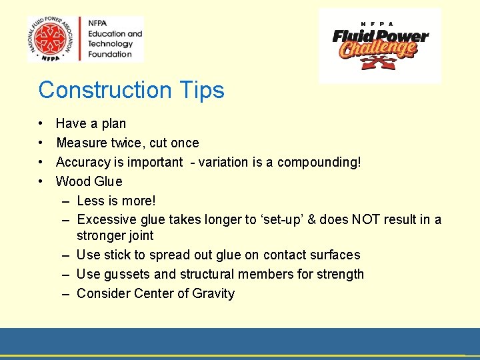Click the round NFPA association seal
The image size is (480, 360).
click(x=51, y=39)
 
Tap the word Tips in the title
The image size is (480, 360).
click(x=201, y=90)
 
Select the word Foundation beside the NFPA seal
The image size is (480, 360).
click(x=110, y=55)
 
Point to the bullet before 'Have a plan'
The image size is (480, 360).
click(x=41, y=124)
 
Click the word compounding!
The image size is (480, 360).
click(x=319, y=162)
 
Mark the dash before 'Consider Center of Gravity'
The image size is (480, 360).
click(x=67, y=293)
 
